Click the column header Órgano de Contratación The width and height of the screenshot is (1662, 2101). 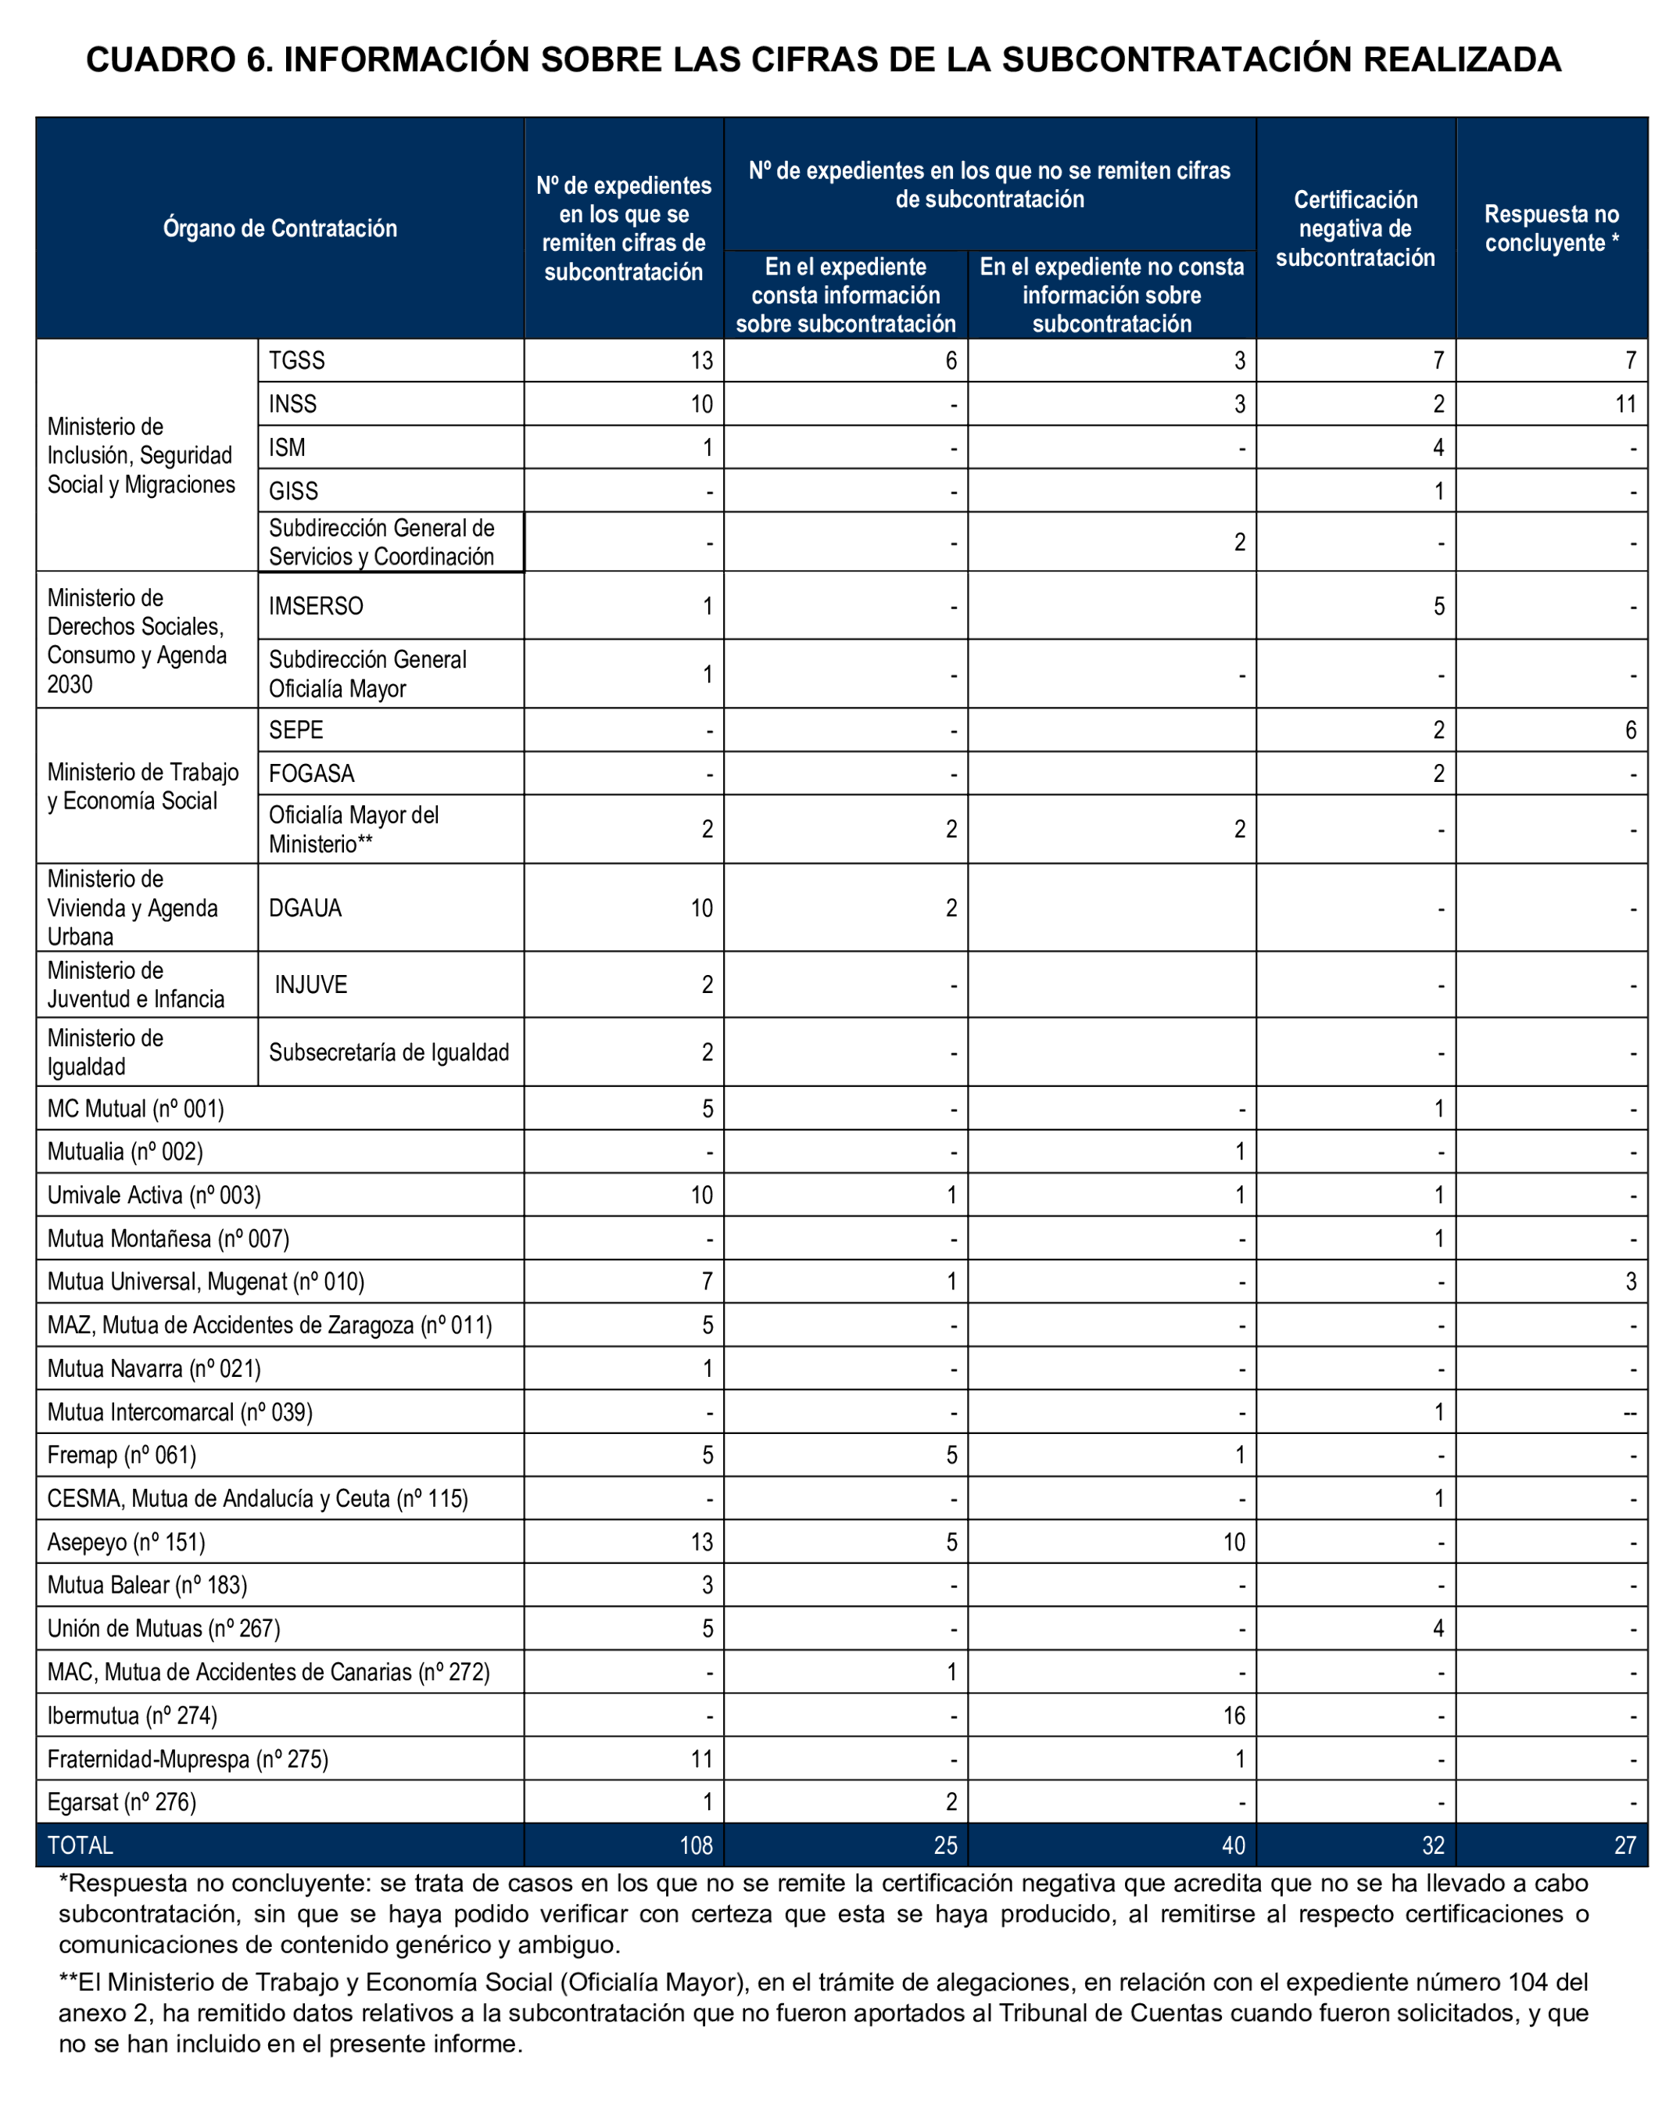pyautogui.click(x=279, y=228)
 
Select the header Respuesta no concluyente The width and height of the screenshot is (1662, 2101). pyautogui.click(x=1551, y=228)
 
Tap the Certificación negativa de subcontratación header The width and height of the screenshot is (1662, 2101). pyautogui.click(x=1355, y=228)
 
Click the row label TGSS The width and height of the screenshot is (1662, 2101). pyautogui.click(x=297, y=361)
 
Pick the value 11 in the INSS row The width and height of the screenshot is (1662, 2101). pyautogui.click(x=1625, y=403)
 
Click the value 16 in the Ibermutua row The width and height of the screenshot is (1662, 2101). pyautogui.click(x=1233, y=1716)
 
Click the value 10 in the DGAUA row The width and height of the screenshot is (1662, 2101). pyautogui.click(x=700, y=908)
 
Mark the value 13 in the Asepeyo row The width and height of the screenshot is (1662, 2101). pyautogui.click(x=700, y=1543)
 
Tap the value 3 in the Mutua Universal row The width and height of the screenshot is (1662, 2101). pyautogui.click(x=1630, y=1282)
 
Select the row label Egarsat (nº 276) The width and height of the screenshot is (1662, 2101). pyautogui.click(x=122, y=1802)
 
